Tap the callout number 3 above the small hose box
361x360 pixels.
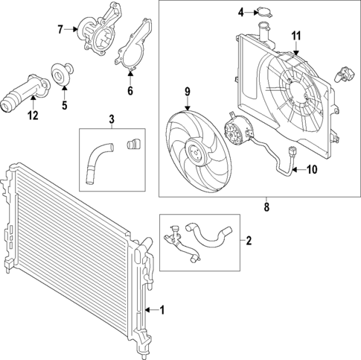pyautogui.click(x=112, y=119)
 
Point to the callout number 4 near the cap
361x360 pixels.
pyautogui.click(x=241, y=12)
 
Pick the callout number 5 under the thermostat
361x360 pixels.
pyautogui.click(x=64, y=105)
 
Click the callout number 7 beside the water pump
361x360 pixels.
pyautogui.click(x=61, y=30)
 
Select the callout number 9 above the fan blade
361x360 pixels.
pyautogui.click(x=188, y=92)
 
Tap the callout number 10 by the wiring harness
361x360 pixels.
pyautogui.click(x=311, y=169)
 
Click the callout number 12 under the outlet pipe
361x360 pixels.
pyautogui.click(x=31, y=115)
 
